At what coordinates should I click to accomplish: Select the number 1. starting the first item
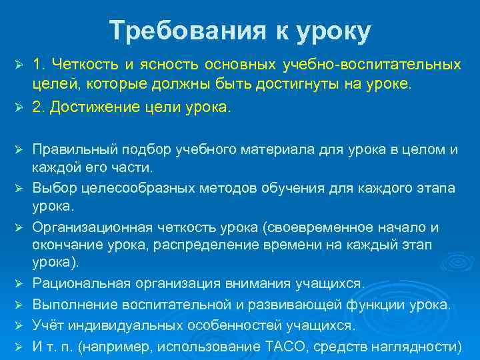tap(39, 65)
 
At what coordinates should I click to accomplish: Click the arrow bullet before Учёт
tap(19, 327)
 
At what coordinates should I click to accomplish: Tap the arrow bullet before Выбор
tap(19, 185)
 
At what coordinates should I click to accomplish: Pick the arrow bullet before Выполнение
tap(19, 305)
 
